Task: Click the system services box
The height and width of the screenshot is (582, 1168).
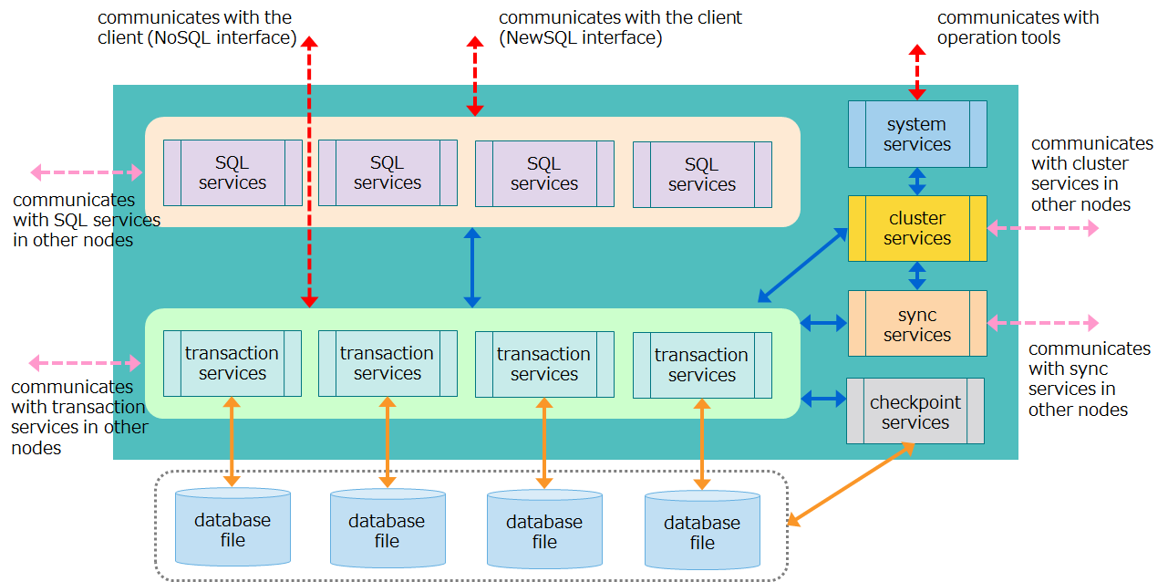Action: coord(917,134)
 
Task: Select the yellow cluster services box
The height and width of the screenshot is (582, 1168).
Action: coord(917,228)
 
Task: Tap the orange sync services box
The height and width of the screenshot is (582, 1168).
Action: coord(917,324)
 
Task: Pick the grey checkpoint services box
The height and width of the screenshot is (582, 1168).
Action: coord(915,411)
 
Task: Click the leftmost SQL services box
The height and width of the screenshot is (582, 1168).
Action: coord(233,172)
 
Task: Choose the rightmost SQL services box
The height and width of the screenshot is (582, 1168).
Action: coord(702,174)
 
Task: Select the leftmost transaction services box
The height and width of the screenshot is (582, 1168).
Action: coord(233,363)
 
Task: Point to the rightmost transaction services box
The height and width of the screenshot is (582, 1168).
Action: coord(702,365)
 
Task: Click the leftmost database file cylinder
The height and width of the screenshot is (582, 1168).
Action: coord(233,528)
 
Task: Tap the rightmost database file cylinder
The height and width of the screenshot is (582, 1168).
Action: coord(702,531)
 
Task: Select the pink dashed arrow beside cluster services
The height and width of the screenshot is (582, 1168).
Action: coord(1043,228)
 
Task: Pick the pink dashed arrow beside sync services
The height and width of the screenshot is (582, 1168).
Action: coord(1043,323)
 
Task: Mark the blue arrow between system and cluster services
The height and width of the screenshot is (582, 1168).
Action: coord(917,181)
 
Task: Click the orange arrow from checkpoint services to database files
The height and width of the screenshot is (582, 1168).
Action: coord(851,484)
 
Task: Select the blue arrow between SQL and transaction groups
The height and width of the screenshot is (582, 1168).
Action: coord(472,267)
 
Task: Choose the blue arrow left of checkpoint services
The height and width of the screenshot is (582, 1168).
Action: coord(823,398)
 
